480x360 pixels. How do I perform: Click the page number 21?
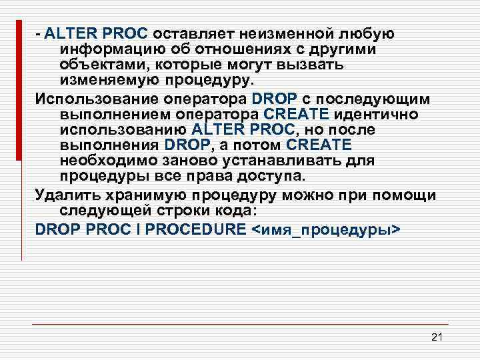pos(437,336)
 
